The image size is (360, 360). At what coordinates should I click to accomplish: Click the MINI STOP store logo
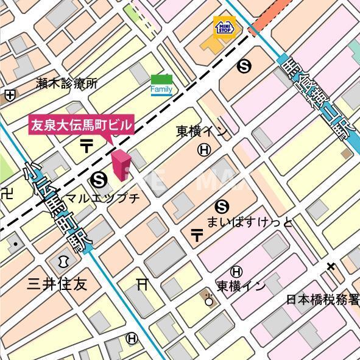click(x=223, y=27)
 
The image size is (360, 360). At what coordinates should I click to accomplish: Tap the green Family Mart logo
click(x=161, y=85)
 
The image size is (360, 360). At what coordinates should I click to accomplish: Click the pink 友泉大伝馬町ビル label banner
click(x=81, y=125)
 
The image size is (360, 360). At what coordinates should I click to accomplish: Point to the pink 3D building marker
click(x=121, y=166)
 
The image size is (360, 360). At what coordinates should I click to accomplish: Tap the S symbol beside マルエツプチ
click(x=98, y=179)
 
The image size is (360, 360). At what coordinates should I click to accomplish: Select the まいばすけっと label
click(x=250, y=222)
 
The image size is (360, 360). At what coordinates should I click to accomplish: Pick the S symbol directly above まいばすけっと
click(x=223, y=206)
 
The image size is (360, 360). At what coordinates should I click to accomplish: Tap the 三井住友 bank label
click(x=57, y=284)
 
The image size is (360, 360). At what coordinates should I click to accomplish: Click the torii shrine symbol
click(x=143, y=283)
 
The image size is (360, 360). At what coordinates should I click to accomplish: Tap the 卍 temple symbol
click(x=7, y=194)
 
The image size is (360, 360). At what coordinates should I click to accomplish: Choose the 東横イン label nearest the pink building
click(x=202, y=131)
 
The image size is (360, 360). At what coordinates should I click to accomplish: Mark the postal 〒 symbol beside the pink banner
click(x=86, y=146)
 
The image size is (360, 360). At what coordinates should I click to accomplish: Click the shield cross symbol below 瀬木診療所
click(x=9, y=95)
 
